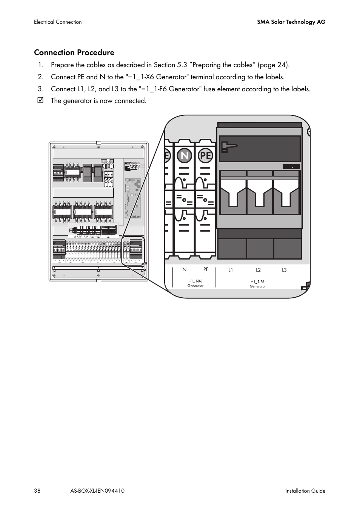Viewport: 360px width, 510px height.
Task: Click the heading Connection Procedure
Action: coord(74,52)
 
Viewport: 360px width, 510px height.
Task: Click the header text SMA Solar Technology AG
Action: coord(291,22)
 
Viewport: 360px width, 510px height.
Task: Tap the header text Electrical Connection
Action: coord(58,22)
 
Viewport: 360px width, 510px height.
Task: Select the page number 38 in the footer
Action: coord(37,491)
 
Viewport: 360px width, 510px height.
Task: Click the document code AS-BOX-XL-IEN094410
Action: coord(97,491)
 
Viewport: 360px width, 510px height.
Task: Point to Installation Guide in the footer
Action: coord(305,491)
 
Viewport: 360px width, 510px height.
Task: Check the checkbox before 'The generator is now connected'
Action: coord(41,100)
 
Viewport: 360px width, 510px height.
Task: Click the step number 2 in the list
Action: coord(40,77)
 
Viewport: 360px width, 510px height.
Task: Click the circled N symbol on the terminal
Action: coord(184,155)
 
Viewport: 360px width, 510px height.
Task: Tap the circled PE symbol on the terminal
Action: coord(206,155)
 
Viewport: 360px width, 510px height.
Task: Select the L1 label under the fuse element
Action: coord(231,270)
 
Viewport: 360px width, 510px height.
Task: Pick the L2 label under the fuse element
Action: coord(258,270)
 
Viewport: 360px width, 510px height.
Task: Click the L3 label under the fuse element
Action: coord(284,270)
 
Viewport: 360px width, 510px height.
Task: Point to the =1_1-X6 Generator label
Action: coord(195,283)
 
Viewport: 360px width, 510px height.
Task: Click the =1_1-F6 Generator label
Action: coord(258,284)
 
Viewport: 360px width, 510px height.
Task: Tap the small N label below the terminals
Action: coord(185,270)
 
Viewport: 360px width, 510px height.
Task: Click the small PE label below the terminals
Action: coord(206,270)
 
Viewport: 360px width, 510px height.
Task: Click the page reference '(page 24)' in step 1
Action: coord(274,65)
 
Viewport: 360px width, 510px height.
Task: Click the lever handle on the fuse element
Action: coord(229,146)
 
